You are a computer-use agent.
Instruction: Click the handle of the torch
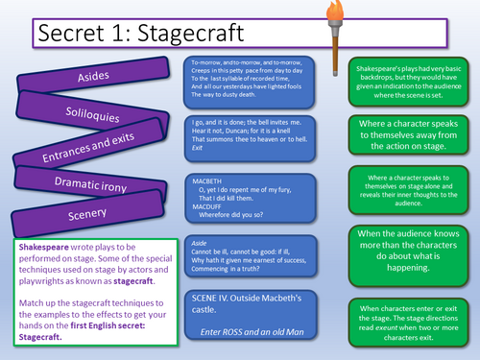click(x=338, y=62)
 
